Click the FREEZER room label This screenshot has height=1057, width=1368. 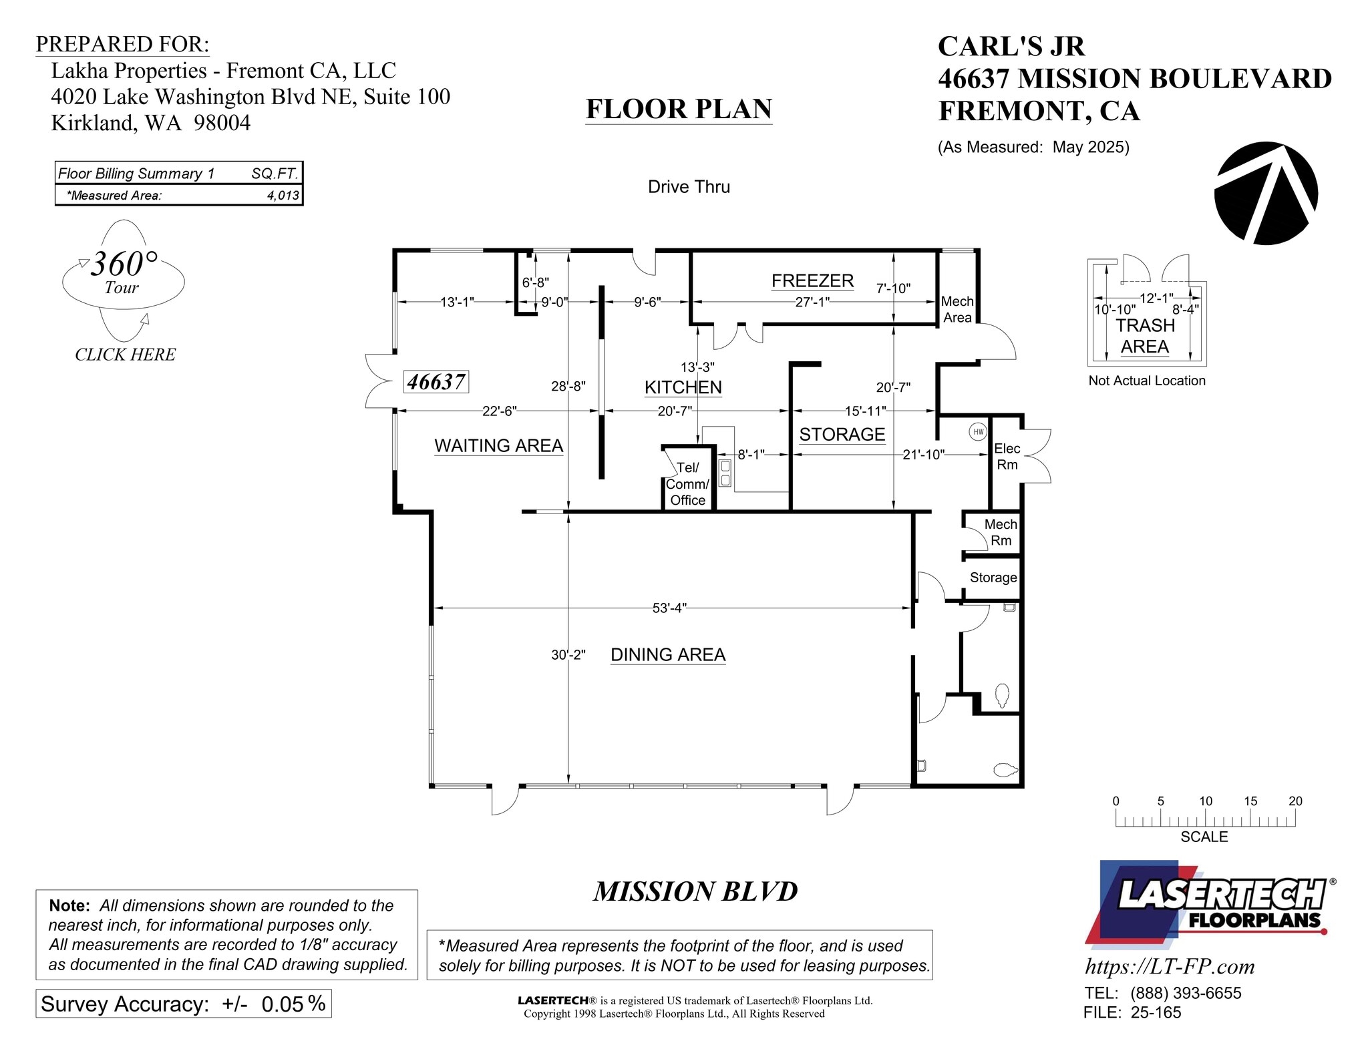pyautogui.click(x=812, y=281)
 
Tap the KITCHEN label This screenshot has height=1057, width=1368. pyautogui.click(x=683, y=387)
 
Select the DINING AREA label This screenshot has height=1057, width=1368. pyautogui.click(x=668, y=654)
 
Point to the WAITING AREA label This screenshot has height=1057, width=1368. pyautogui.click(x=498, y=445)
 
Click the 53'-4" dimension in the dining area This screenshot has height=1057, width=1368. pyautogui.click(x=669, y=608)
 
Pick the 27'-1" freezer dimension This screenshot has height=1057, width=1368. pyautogui.click(x=812, y=302)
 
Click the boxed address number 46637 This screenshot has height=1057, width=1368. pyautogui.click(x=437, y=382)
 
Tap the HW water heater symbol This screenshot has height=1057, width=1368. pyautogui.click(x=978, y=431)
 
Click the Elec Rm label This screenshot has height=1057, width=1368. pyautogui.click(x=1007, y=456)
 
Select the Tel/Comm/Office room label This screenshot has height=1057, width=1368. pyautogui.click(x=687, y=484)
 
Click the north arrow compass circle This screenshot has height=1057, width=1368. pyautogui.click(x=1266, y=193)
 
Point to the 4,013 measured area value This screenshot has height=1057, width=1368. pyautogui.click(x=283, y=196)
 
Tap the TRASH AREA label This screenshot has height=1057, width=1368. pyautogui.click(x=1144, y=336)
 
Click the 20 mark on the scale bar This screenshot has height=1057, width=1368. pyautogui.click(x=1295, y=801)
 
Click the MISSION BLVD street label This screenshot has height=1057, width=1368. pyautogui.click(x=695, y=891)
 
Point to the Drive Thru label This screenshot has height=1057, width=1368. pyautogui.click(x=689, y=187)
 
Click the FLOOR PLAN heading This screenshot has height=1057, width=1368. pyautogui.click(x=679, y=109)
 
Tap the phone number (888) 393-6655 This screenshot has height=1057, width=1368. pyautogui.click(x=1186, y=993)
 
